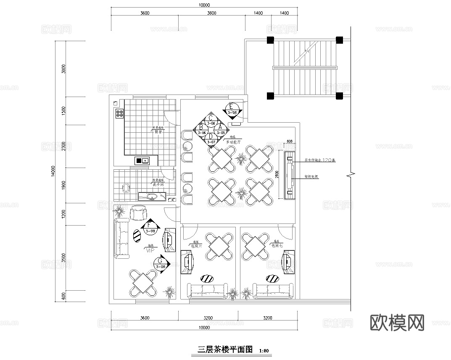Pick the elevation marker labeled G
point(161,263)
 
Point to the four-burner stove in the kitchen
point(119,113)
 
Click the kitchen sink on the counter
point(142,160)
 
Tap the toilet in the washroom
point(125,187)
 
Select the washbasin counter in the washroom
point(152,196)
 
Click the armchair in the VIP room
point(138,213)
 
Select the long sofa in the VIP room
point(121,237)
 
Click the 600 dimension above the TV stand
point(289,141)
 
